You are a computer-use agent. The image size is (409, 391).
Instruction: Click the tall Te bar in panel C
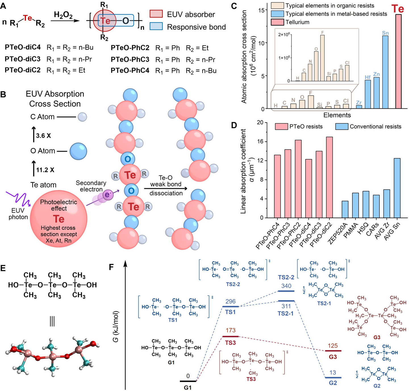pyautogui.click(x=398, y=61)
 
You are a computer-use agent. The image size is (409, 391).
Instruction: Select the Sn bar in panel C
pyautogui.click(x=385, y=72)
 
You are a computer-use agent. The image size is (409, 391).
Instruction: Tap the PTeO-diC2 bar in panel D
pyautogui.click(x=329, y=177)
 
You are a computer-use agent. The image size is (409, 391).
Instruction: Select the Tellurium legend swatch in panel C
pyautogui.click(x=278, y=22)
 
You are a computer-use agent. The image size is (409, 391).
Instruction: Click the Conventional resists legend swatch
pyautogui.click(x=341, y=126)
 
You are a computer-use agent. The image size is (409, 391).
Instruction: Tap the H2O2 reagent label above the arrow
pyautogui.click(x=63, y=15)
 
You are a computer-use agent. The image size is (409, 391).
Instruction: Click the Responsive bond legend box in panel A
pyautogui.click(x=156, y=27)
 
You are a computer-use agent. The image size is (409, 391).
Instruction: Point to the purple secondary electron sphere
pyautogui.click(x=107, y=195)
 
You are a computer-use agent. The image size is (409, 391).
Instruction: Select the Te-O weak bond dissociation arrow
pyautogui.click(x=166, y=189)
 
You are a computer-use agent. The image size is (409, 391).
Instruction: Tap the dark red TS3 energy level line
pyautogui.click(x=230, y=336)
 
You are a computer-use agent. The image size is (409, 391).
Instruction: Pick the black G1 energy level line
pyautogui.click(x=188, y=381)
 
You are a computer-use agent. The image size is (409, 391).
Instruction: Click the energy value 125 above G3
pyautogui.click(x=333, y=346)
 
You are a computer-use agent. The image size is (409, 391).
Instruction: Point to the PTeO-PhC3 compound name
pyautogui.click(x=130, y=59)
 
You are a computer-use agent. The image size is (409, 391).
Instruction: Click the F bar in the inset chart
pyautogui.click(x=322, y=58)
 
